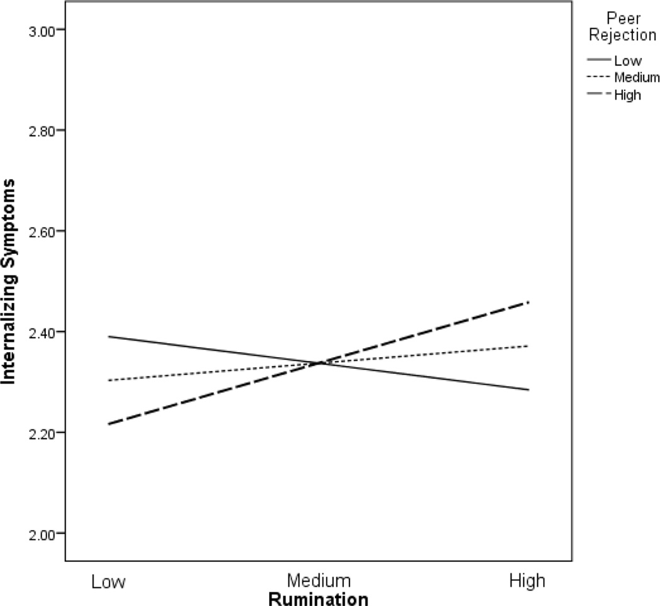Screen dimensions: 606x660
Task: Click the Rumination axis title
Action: point(318,598)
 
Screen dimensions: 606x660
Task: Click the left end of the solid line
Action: point(108,336)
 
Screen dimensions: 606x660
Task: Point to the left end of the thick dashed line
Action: point(108,424)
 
